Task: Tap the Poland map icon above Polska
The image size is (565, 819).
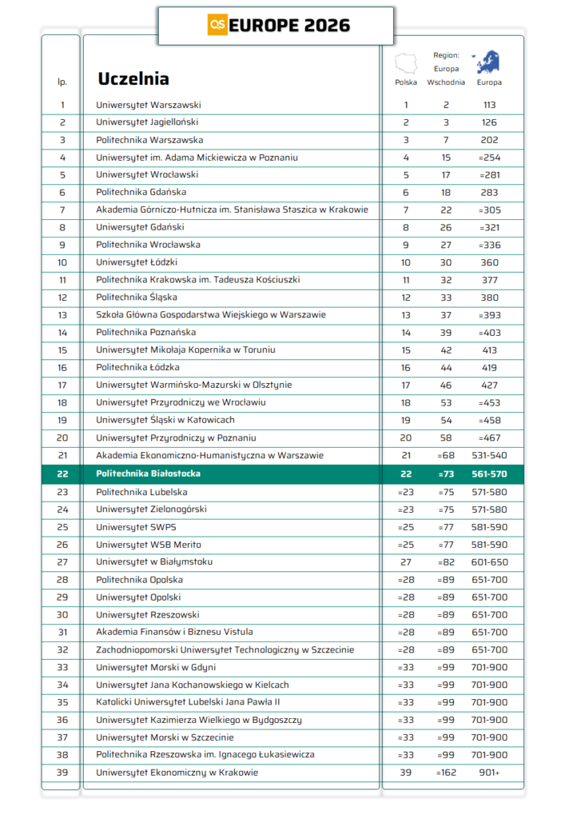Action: pos(406,62)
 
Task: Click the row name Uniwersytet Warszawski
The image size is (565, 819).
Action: pos(149,105)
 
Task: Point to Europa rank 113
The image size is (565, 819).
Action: pos(490,105)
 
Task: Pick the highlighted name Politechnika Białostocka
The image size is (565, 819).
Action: pos(148,473)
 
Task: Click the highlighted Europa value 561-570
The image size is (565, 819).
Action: pos(490,473)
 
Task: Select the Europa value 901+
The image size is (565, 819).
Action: pos(490,773)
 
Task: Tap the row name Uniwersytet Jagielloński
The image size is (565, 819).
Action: pos(147,122)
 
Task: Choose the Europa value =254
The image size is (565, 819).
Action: pos(490,158)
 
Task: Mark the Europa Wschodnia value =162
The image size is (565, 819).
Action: pos(446,773)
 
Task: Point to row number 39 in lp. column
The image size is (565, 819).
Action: pos(62,773)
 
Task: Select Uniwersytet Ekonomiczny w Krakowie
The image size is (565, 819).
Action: pos(177,773)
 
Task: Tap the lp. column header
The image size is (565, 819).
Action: pos(62,82)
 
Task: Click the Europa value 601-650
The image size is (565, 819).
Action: pos(490,561)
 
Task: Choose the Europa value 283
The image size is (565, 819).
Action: pos(490,192)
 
